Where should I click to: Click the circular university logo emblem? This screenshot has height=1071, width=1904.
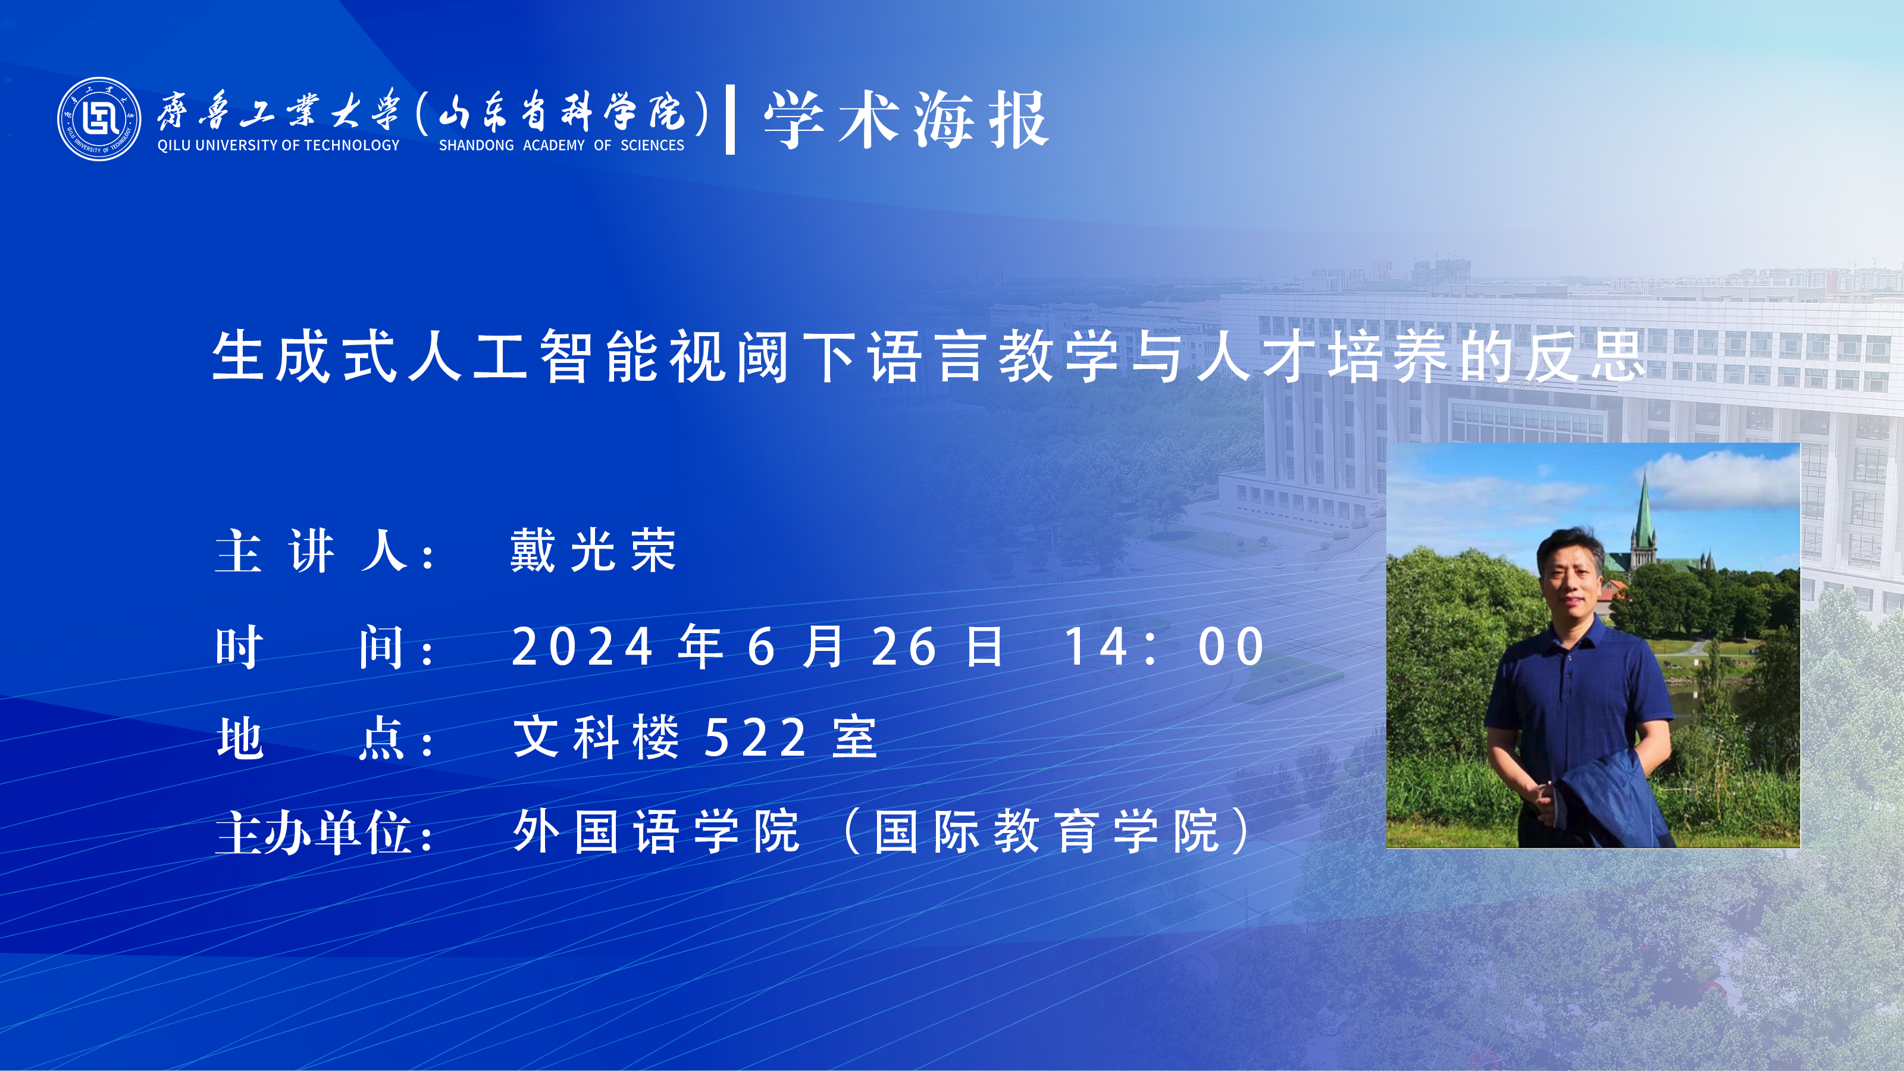[x=99, y=119]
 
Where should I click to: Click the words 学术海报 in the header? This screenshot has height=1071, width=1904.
[x=906, y=120]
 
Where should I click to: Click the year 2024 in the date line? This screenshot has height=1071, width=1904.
[x=583, y=647]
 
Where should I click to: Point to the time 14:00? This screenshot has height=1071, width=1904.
[x=1165, y=647]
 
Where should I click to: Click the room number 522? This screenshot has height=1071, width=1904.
[x=756, y=738]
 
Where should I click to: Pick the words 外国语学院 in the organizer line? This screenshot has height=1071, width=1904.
[x=656, y=832]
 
